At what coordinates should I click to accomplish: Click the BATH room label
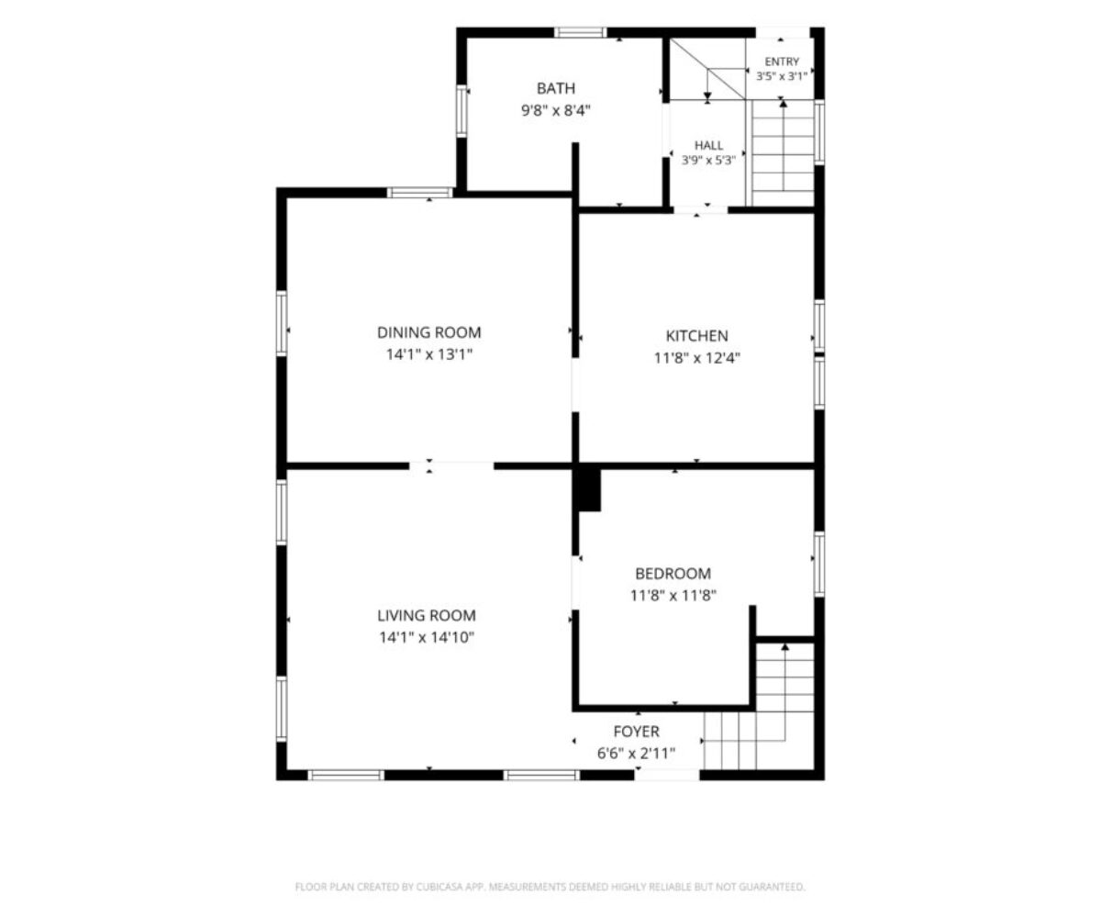(x=555, y=88)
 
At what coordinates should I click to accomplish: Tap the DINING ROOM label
(x=428, y=332)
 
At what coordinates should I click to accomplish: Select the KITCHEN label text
(x=696, y=336)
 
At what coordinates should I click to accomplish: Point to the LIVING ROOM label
(x=426, y=615)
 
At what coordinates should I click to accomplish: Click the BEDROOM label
(x=673, y=573)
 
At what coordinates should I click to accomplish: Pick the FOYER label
(x=636, y=732)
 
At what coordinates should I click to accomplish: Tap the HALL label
(x=708, y=145)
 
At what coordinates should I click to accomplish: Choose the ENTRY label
(x=782, y=62)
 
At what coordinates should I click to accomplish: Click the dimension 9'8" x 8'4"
(x=555, y=111)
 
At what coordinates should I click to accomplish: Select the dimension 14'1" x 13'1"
(x=428, y=354)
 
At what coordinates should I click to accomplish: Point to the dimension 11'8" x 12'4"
(x=696, y=358)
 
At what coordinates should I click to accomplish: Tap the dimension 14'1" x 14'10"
(x=426, y=637)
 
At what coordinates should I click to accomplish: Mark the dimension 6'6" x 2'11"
(x=636, y=753)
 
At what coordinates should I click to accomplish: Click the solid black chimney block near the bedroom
(x=590, y=490)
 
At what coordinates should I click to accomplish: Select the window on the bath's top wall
(x=580, y=33)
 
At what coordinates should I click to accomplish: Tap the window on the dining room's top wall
(x=420, y=193)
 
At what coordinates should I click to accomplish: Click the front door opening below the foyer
(x=667, y=775)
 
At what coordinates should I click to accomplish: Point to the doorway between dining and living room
(x=452, y=465)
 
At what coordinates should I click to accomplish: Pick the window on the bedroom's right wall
(x=819, y=564)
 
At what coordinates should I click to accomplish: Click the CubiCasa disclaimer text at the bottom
(x=550, y=887)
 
